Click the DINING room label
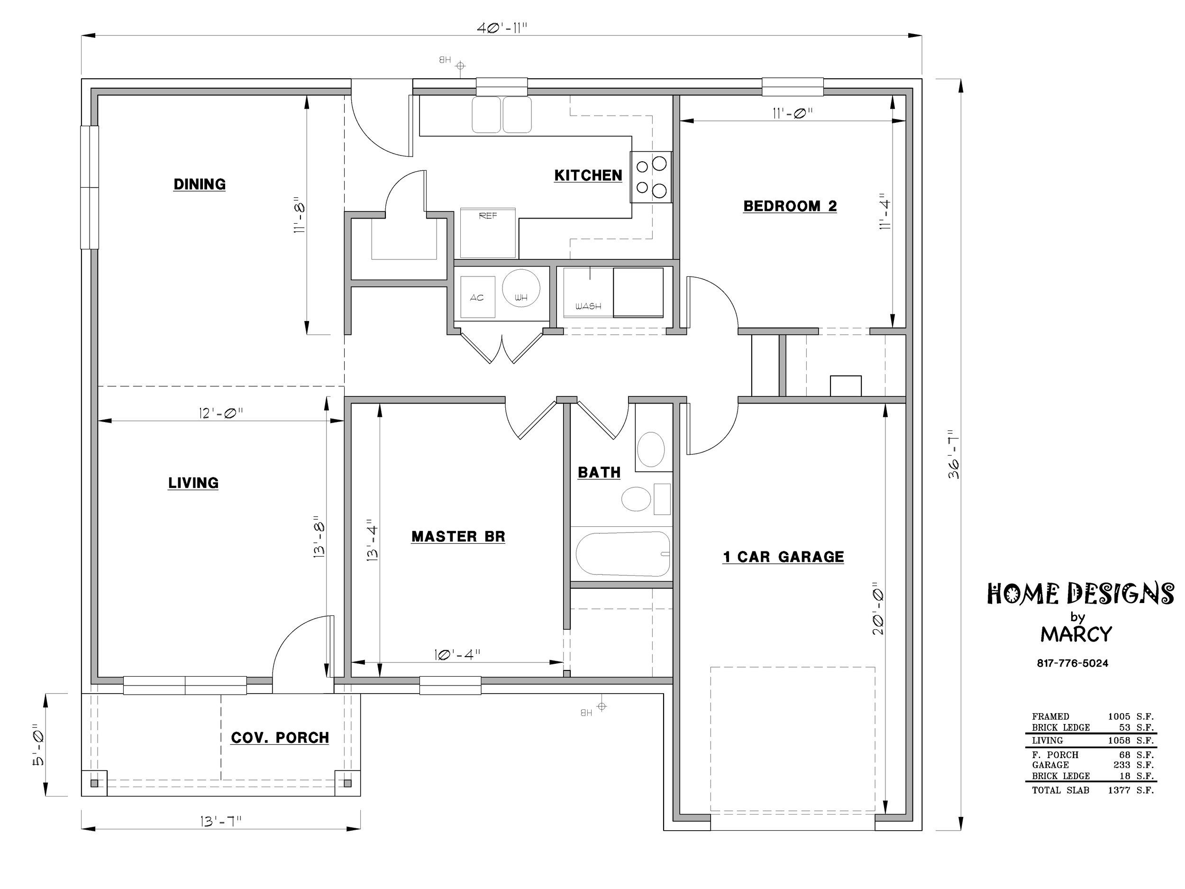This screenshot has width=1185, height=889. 199,184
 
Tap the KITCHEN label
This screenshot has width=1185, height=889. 588,175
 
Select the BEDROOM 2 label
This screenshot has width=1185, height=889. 790,206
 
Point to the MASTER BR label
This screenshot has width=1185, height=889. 458,537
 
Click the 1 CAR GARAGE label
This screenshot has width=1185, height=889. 783,557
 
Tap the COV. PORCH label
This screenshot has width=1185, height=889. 280,738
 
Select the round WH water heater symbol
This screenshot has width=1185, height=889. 521,288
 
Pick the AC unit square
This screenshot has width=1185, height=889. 477,297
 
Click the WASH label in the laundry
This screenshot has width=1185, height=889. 588,306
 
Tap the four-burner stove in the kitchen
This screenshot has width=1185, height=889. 651,177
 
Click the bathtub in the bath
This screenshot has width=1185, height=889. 623,554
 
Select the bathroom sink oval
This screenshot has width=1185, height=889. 651,449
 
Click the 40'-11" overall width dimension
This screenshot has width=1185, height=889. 502,28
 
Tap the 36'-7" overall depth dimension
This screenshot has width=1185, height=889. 953,454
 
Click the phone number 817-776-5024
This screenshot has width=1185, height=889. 1073,663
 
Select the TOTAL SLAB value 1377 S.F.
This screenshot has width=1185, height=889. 1131,790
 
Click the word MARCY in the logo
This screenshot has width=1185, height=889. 1076,634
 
